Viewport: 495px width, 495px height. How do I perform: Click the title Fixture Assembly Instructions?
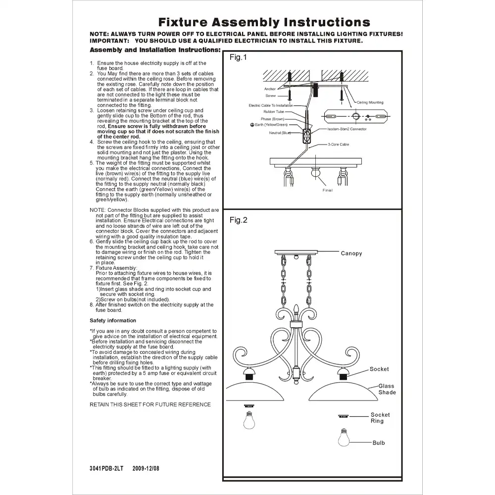tap(264, 22)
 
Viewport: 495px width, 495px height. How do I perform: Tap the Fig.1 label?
tap(238, 57)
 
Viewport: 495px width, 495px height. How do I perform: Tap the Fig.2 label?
tap(238, 220)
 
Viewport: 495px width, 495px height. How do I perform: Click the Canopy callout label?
tap(351, 253)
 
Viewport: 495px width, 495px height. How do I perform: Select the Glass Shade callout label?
tap(387, 389)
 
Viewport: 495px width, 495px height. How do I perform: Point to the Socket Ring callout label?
tap(380, 418)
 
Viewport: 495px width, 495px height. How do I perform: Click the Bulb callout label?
tap(379, 443)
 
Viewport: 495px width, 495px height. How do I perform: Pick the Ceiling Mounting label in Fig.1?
tap(370, 102)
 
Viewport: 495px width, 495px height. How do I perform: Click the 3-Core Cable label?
tap(338, 144)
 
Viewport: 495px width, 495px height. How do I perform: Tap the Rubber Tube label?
tap(273, 112)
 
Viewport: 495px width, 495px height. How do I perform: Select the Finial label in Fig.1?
tap(327, 190)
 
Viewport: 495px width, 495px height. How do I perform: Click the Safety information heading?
tap(113, 320)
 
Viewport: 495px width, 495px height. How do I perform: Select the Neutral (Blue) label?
tap(280, 133)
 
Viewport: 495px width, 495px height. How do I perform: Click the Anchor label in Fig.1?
tap(270, 89)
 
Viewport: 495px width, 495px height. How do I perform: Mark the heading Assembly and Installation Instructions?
tap(155, 50)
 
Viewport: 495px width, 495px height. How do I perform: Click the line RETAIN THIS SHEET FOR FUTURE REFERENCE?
tap(150, 404)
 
